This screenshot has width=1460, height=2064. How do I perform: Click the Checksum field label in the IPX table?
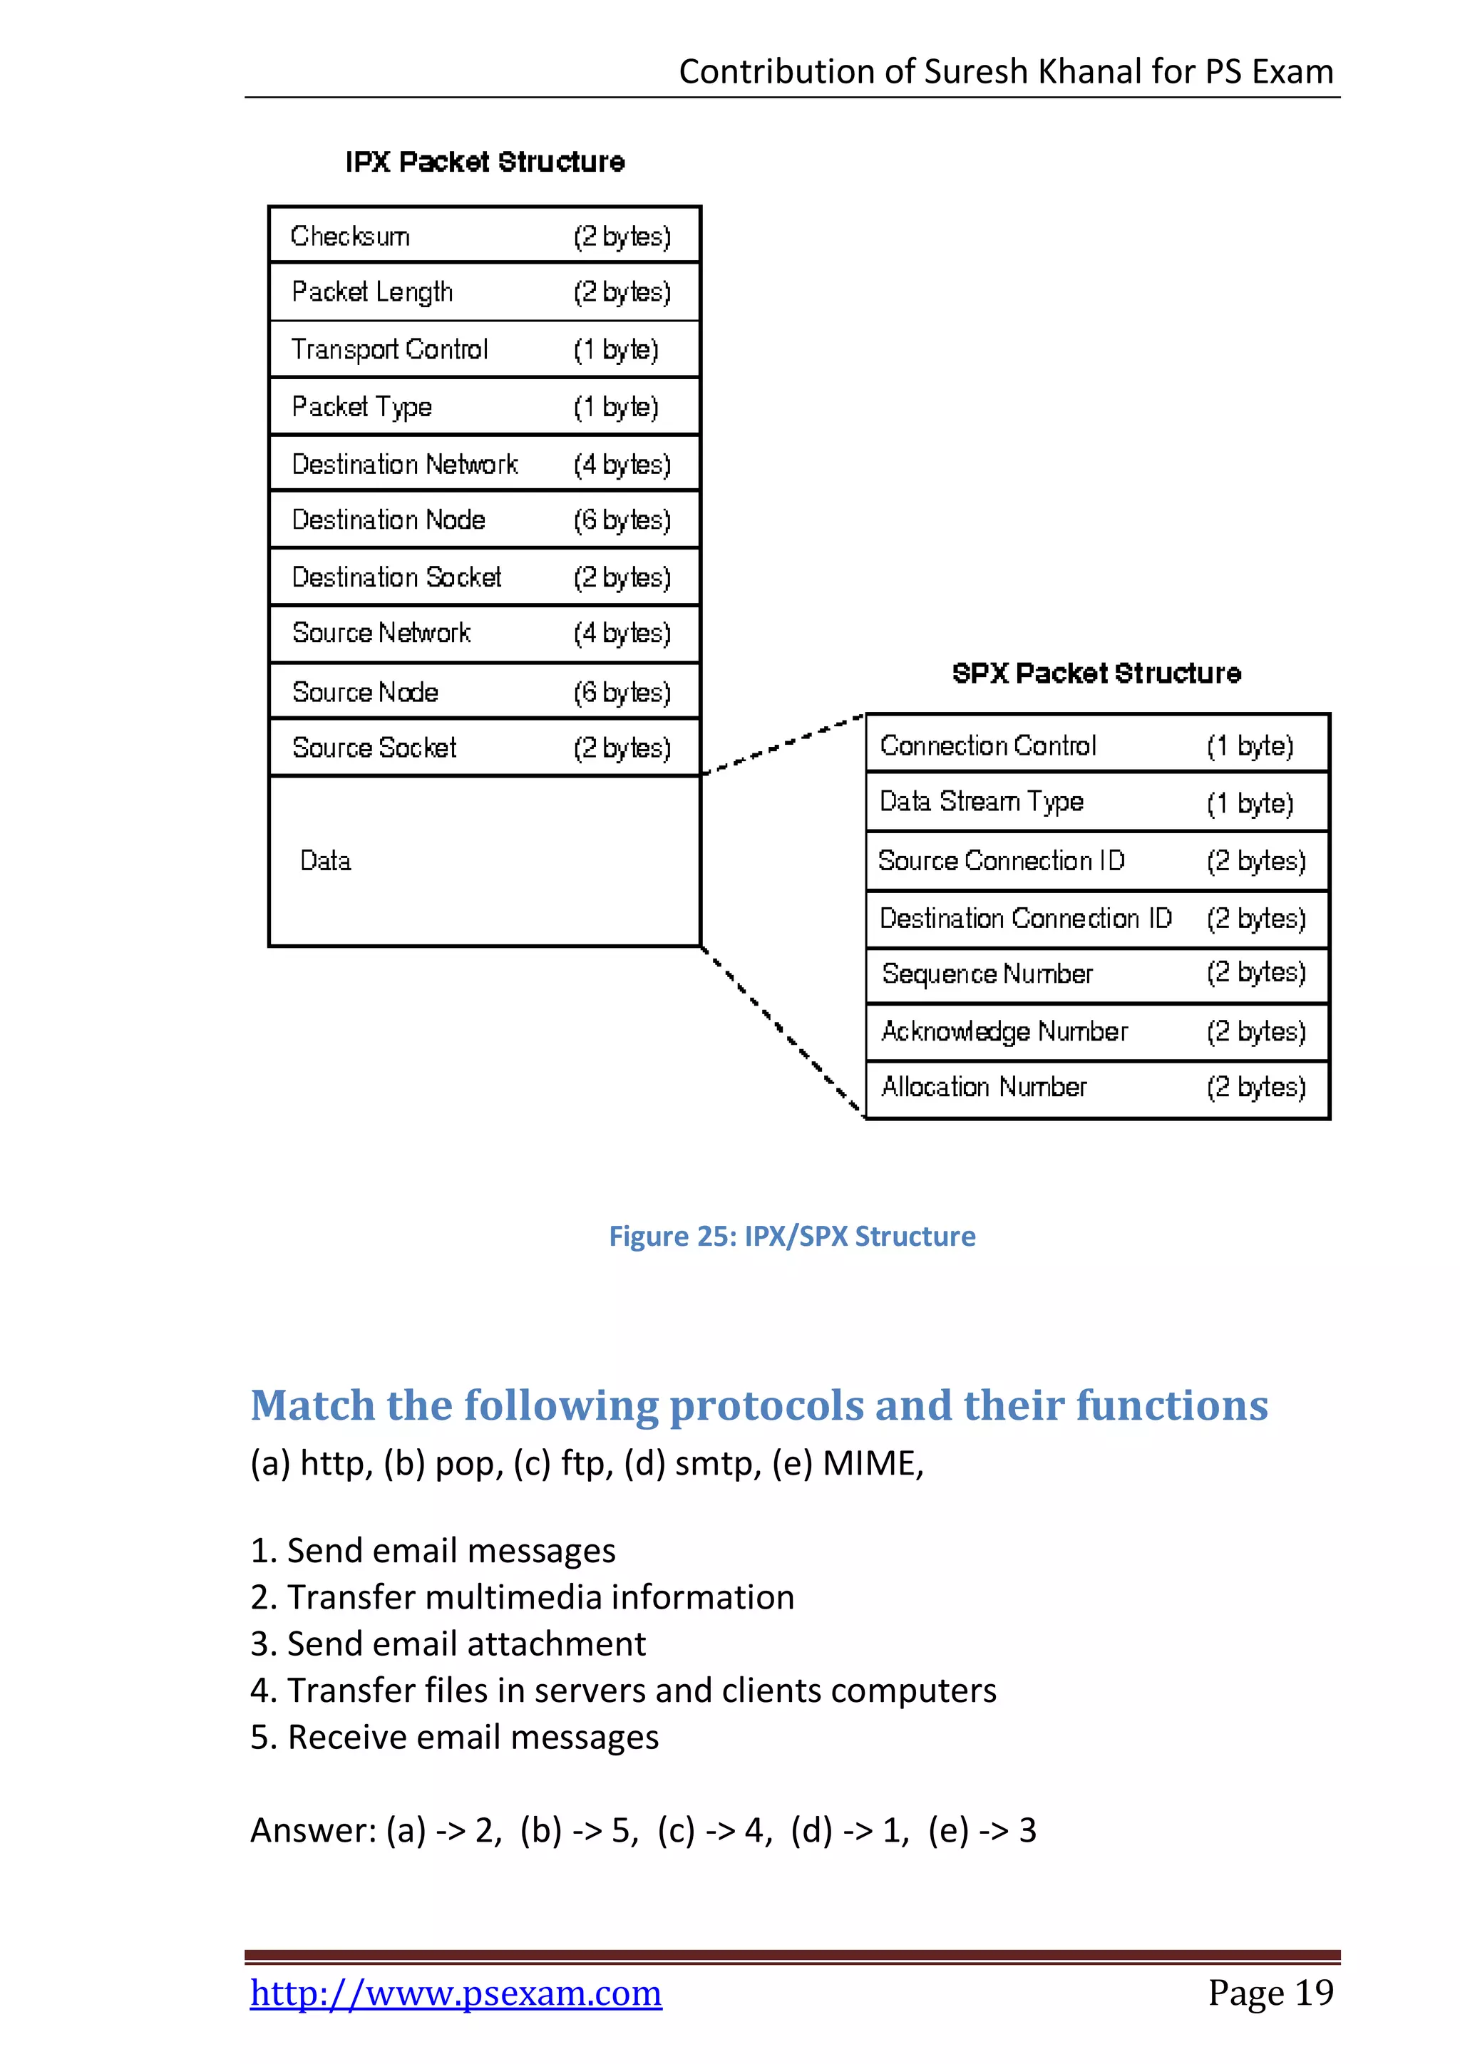click(350, 237)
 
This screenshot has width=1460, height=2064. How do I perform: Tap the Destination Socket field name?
click(396, 577)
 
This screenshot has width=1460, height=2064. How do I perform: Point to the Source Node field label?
click(365, 692)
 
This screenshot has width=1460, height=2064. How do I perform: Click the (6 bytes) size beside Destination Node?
click(622, 520)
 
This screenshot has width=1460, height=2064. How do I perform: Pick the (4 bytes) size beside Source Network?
click(622, 634)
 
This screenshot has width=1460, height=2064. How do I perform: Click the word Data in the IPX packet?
click(326, 861)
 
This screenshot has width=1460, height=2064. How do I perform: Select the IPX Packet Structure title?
click(485, 162)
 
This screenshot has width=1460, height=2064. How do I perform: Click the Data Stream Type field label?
click(981, 802)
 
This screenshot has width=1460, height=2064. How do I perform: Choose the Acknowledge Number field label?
click(1004, 1031)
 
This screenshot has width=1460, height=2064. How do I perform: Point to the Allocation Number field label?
click(984, 1088)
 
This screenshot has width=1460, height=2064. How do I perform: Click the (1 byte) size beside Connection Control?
click(1250, 746)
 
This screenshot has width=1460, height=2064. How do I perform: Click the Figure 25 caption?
click(791, 1236)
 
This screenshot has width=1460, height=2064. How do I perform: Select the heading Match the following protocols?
click(759, 1405)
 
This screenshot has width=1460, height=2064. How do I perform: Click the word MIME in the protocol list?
click(872, 1463)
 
